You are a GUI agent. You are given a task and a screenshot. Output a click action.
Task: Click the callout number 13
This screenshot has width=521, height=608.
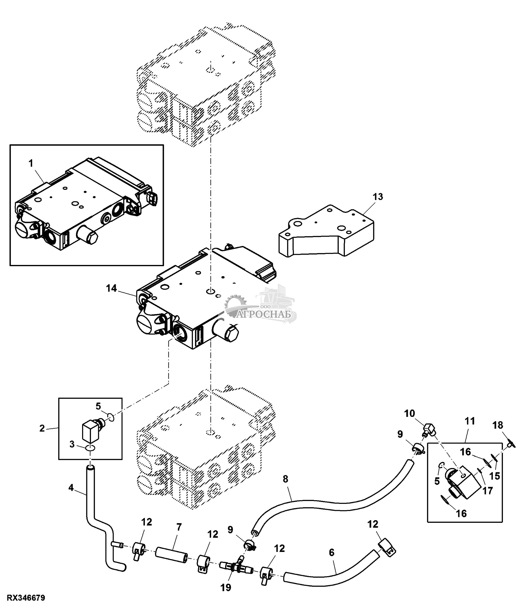click(378, 197)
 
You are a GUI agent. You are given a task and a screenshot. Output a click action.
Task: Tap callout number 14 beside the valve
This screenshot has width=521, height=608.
click(111, 288)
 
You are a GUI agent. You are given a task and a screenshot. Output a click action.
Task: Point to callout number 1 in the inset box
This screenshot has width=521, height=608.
click(31, 163)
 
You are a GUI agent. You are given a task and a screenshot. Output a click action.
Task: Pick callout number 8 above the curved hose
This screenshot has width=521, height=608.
click(285, 479)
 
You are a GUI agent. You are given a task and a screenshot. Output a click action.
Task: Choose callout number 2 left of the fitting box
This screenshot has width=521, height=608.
click(42, 428)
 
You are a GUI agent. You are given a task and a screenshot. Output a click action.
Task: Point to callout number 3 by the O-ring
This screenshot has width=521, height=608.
click(72, 444)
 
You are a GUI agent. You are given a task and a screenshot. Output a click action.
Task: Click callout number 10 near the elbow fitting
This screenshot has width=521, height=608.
click(410, 414)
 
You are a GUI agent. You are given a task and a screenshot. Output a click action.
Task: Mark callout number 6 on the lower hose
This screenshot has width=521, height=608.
click(331, 552)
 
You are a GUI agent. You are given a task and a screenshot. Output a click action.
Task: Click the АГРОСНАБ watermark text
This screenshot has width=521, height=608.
click(266, 315)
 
